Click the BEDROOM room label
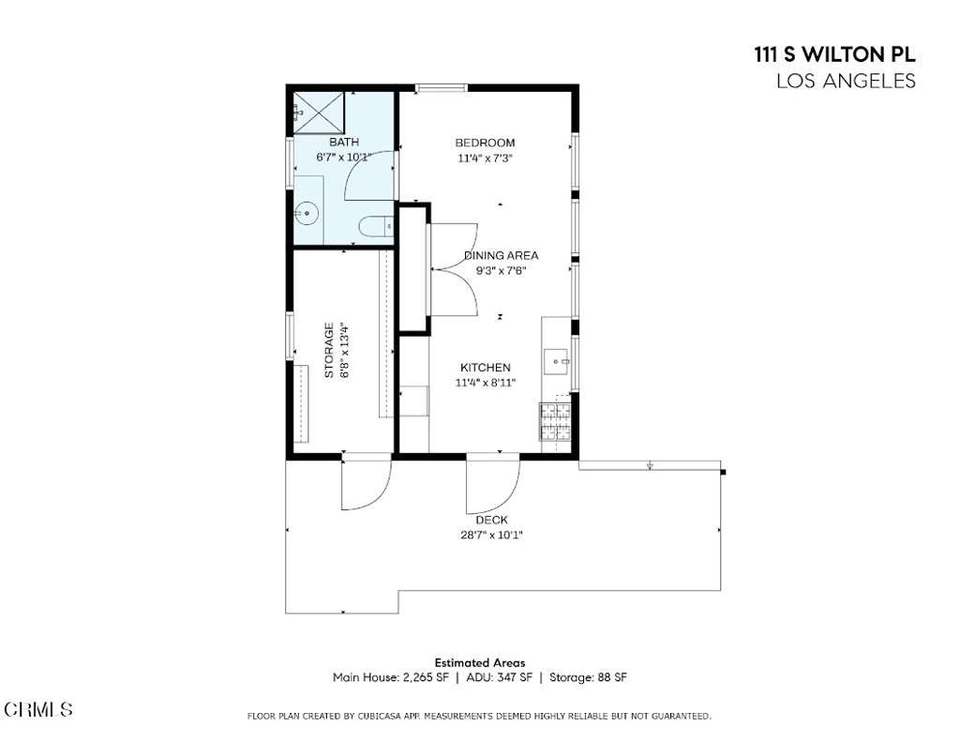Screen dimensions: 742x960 coord(485,143)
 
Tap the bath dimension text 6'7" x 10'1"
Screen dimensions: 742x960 coord(343,157)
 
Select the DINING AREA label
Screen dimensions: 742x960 coord(502,255)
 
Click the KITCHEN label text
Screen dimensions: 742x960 coord(485,368)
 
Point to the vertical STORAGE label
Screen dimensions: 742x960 coord(329,350)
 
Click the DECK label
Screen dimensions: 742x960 coord(491,520)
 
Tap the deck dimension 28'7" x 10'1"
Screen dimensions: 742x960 coord(491,535)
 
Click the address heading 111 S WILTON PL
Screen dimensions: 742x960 coord(834,55)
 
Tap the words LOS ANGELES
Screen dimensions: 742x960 coord(846,82)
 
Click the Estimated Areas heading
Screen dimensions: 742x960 coord(479,662)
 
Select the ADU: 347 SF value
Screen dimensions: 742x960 coord(498,677)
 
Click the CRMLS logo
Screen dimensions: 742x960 coord(38,709)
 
